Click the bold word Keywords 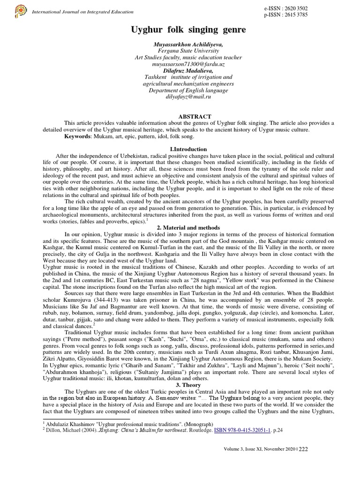click(x=78, y=136)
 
